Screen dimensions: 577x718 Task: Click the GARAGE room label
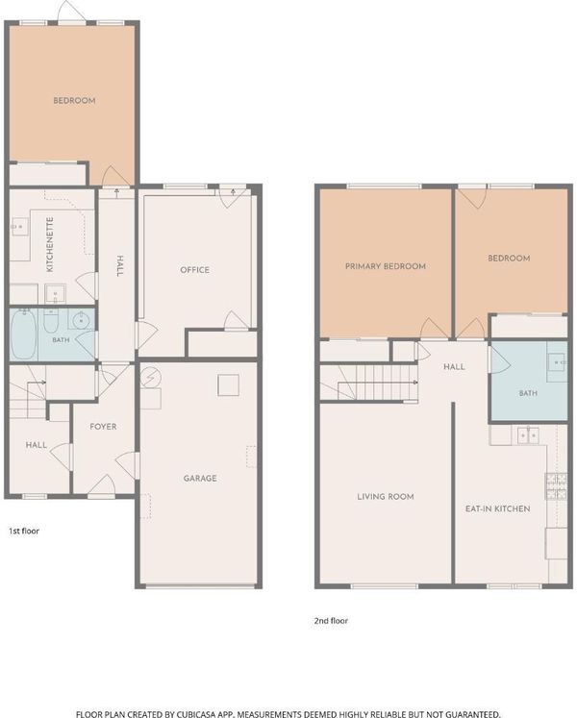coord(200,479)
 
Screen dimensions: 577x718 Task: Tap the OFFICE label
coord(195,270)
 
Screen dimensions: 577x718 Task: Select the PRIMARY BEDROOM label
coord(386,266)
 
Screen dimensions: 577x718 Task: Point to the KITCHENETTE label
coord(50,244)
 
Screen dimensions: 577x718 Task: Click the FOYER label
coord(103,427)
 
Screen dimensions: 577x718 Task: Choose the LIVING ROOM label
coord(386,497)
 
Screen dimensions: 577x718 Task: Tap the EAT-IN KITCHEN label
coord(498,508)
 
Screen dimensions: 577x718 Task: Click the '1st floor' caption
coord(24,532)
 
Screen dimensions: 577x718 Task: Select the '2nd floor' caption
coord(331,621)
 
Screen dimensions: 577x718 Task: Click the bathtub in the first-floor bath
coord(23,334)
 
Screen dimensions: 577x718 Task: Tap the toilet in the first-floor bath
coord(51,320)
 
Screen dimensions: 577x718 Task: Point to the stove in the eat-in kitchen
coord(556,486)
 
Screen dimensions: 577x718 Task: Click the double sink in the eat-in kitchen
coord(528,435)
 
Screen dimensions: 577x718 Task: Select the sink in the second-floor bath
coord(558,361)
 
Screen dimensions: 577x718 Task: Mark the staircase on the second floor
coord(369,383)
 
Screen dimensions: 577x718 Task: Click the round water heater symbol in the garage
coord(151,378)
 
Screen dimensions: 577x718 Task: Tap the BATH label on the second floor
coord(528,393)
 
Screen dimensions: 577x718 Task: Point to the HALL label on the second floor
coord(454,367)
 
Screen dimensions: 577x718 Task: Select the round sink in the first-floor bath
coord(81,319)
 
